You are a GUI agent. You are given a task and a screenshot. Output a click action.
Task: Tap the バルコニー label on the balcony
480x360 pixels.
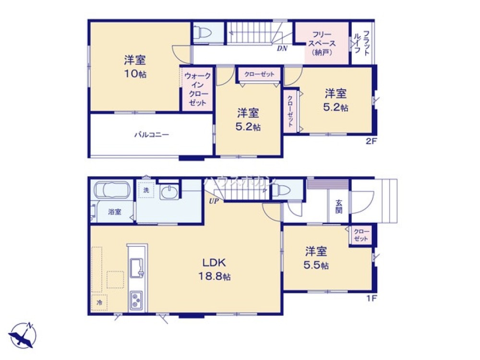151,135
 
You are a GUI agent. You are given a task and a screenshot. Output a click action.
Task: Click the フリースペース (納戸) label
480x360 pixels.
321,43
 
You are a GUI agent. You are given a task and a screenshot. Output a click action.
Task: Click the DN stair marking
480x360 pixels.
282,48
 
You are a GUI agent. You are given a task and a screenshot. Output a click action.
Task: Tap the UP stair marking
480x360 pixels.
214,201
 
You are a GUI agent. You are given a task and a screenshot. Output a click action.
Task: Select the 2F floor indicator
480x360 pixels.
372,142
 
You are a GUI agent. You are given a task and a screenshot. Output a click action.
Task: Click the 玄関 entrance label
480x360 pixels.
338,206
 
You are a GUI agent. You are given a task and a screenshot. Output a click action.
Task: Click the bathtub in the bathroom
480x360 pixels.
112,190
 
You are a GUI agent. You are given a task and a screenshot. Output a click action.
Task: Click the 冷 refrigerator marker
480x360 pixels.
99,302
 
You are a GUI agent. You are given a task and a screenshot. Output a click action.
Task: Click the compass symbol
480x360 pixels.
23,334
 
